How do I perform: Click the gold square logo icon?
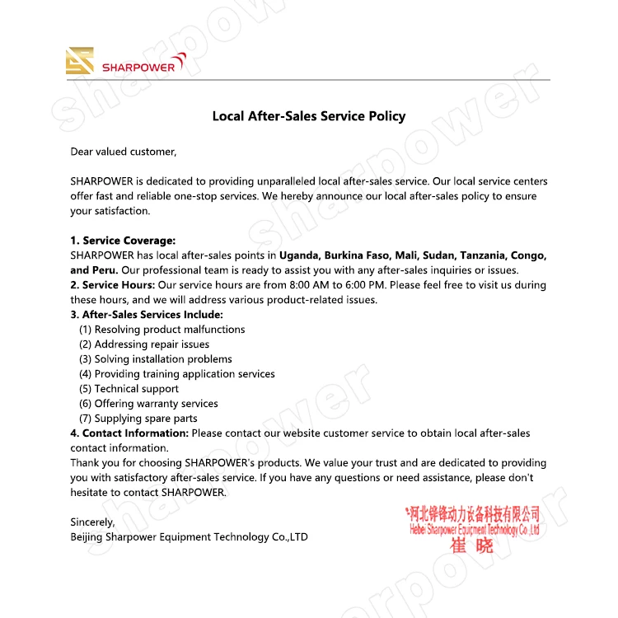80,61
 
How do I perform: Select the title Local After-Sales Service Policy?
309,116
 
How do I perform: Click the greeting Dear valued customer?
124,152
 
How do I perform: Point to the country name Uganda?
302,255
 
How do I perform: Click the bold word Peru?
105,270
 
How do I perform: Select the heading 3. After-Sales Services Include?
147,315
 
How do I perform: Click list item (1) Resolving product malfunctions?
162,330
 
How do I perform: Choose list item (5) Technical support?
129,389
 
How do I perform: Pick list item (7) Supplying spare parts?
138,419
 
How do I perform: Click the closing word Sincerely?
92,522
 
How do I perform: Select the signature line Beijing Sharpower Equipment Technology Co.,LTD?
189,537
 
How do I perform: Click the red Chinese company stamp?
474,527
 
